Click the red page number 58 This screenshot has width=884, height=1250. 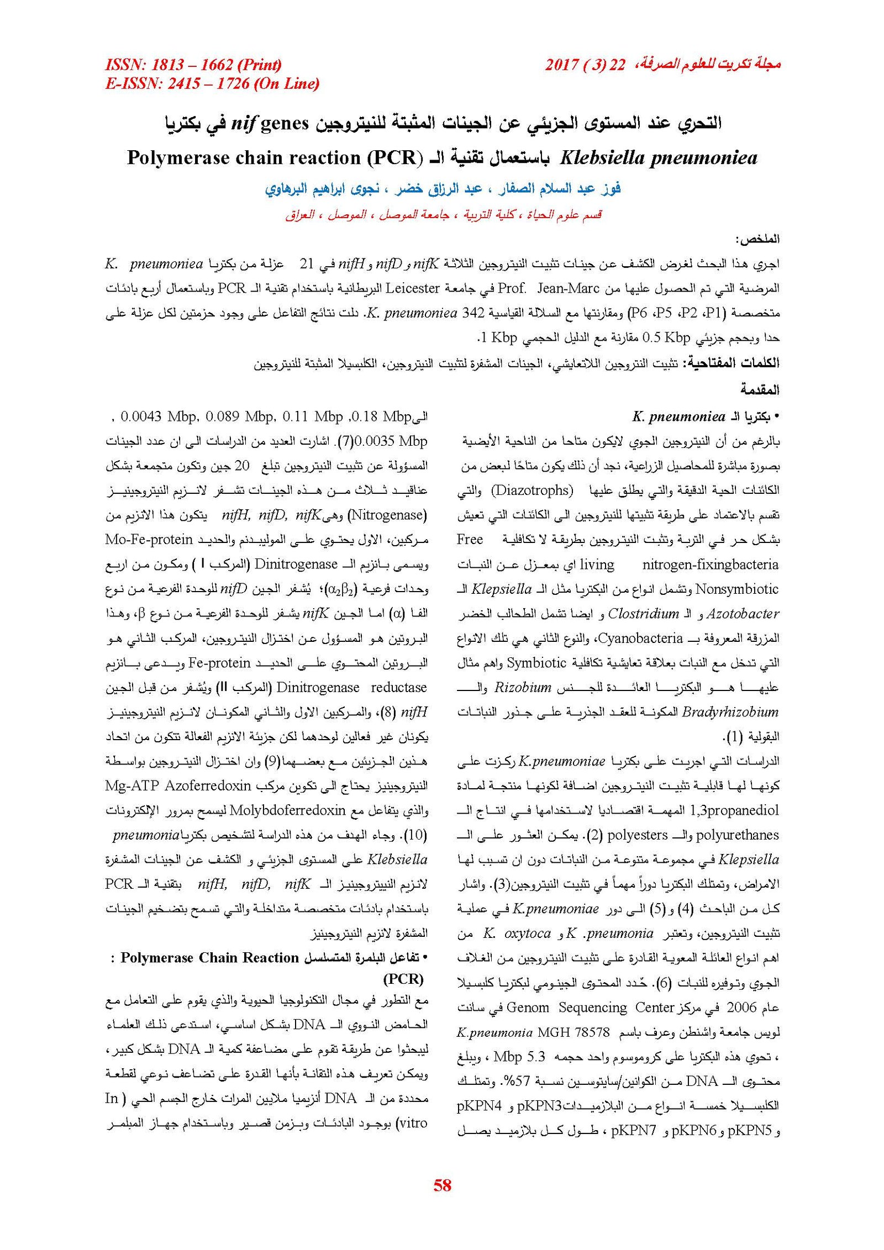pyautogui.click(x=443, y=1184)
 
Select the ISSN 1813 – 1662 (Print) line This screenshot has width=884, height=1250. pyautogui.click(x=193, y=65)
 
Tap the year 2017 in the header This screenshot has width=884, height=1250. pyautogui.click(x=562, y=65)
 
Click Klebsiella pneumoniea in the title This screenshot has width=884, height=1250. pyautogui.click(x=658, y=158)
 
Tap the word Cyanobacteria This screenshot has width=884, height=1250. pyautogui.click(x=641, y=638)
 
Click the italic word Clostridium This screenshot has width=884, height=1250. pyautogui.click(x=643, y=614)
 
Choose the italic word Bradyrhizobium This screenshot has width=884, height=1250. pyautogui.click(x=730, y=712)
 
